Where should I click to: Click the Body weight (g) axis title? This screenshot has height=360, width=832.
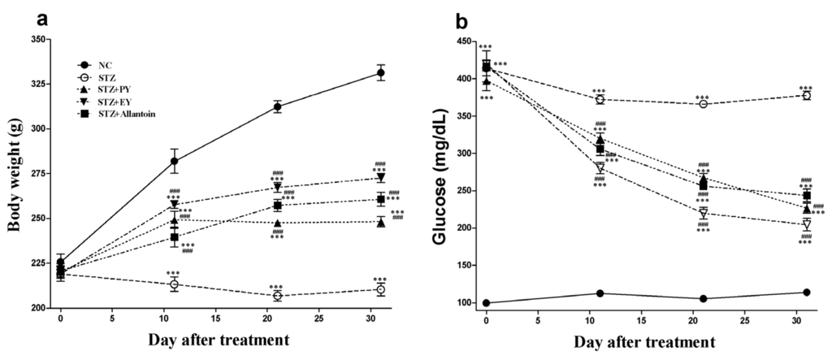tap(14, 174)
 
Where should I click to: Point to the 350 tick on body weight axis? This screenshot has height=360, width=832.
tap(40, 39)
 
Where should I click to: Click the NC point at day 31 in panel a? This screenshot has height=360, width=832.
tap(380, 73)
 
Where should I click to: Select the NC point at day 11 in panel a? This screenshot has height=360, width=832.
tap(174, 161)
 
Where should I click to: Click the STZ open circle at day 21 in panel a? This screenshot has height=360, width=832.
tap(277, 296)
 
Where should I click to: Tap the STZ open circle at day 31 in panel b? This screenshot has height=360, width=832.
tap(807, 95)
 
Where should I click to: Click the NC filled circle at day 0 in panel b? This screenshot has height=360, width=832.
tap(486, 303)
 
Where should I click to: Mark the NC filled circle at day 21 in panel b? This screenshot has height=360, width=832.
tap(703, 299)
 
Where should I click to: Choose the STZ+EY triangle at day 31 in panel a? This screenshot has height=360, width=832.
tap(380, 178)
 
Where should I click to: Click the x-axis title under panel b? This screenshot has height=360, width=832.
tap(646, 342)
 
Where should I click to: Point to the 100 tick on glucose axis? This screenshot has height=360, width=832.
tap(463, 303)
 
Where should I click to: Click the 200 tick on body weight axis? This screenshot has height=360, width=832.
tap(40, 309)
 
